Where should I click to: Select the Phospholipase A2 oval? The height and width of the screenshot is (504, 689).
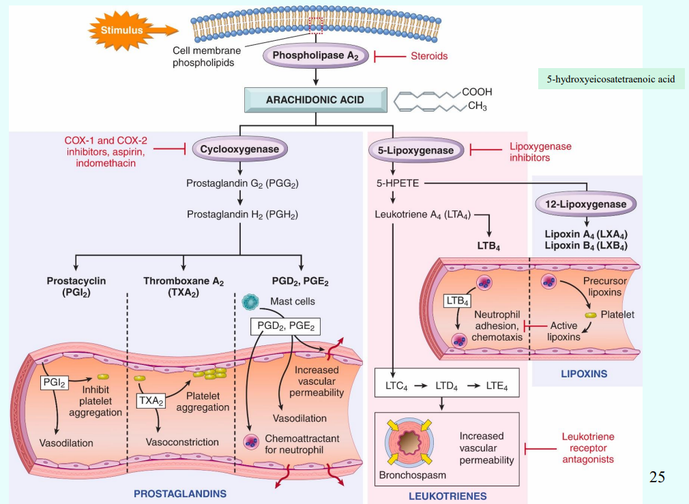(315, 56)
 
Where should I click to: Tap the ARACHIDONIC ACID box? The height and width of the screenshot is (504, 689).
(314, 99)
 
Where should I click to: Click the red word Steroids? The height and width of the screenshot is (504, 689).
(428, 56)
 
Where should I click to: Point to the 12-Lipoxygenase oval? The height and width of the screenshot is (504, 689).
(586, 204)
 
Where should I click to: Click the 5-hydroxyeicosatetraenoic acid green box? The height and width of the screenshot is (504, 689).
(611, 79)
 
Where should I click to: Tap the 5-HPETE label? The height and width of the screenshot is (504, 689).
(393, 183)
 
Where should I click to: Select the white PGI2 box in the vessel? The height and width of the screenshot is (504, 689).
(54, 383)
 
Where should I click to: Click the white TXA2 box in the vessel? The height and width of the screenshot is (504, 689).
(151, 401)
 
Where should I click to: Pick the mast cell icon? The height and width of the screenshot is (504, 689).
(252, 301)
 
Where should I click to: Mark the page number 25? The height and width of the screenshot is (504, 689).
(657, 477)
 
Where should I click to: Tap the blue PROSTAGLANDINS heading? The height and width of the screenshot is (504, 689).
(179, 492)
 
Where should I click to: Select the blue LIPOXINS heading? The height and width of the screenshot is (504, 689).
(583, 373)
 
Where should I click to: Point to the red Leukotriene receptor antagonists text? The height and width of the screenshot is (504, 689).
(587, 447)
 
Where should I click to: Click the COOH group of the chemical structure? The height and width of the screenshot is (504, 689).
(476, 92)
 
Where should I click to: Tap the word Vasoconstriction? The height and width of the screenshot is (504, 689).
(182, 442)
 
